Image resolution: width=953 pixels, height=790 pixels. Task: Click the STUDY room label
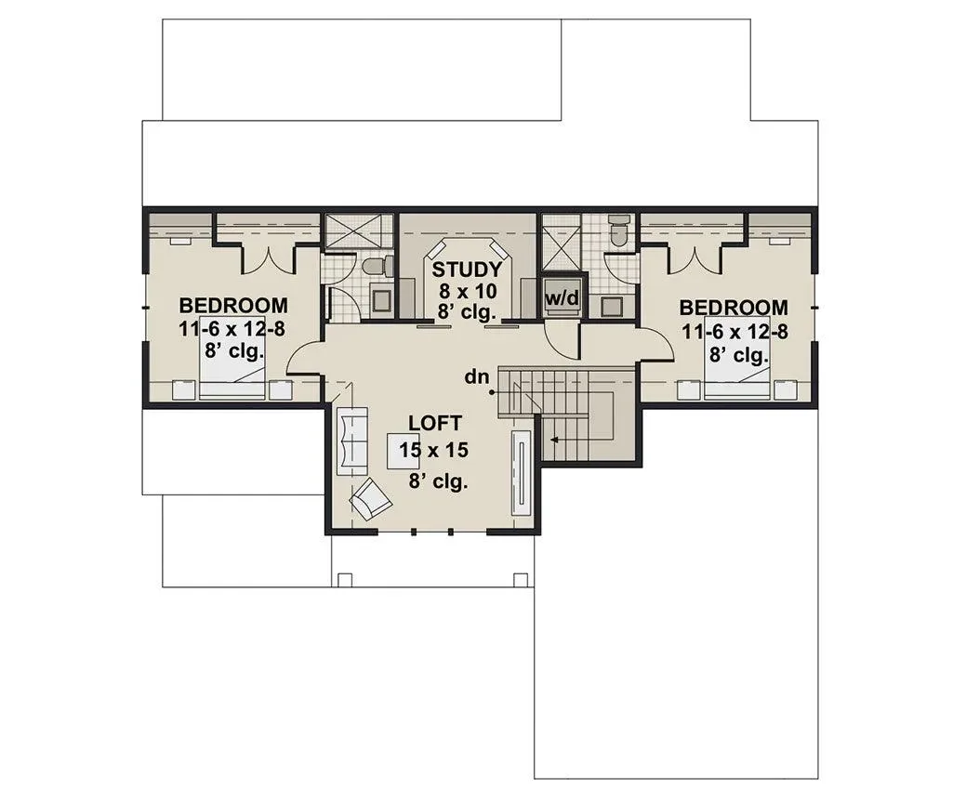click(467, 270)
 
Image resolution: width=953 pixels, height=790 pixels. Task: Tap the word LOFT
click(434, 423)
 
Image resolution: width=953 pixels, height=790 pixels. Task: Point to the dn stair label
click(477, 377)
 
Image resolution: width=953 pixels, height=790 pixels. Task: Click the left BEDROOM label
click(233, 305)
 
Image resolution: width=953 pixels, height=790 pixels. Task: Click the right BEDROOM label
click(734, 308)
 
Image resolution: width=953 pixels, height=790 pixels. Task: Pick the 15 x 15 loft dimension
click(434, 450)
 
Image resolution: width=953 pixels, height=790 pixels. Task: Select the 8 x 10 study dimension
click(468, 291)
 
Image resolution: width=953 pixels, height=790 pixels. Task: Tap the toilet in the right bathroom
click(619, 230)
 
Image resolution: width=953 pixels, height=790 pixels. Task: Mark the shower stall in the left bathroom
click(352, 230)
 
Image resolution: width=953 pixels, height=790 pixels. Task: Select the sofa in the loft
click(351, 440)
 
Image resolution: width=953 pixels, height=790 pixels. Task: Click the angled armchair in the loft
click(370, 499)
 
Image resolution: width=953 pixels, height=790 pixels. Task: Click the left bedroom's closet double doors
click(268, 257)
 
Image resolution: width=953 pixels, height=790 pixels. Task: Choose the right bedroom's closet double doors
click(694, 257)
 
